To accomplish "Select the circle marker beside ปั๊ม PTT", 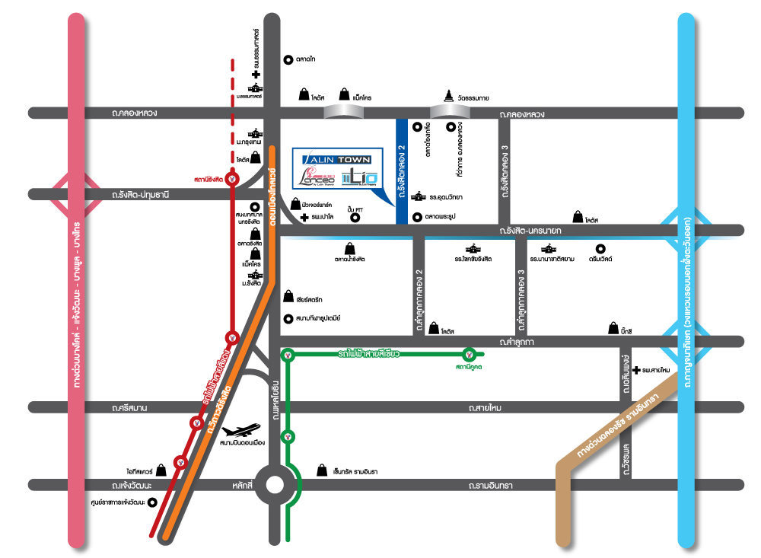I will (x=355, y=218).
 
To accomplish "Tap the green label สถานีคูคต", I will (x=470, y=368).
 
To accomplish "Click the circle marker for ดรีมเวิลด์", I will (x=600, y=248).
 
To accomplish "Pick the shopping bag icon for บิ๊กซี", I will (x=613, y=329).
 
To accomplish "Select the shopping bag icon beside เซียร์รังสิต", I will (x=288, y=296).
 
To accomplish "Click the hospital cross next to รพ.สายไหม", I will (x=635, y=369).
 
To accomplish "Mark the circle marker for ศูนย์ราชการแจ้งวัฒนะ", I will (x=152, y=502).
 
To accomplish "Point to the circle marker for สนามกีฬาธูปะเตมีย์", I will (x=288, y=318).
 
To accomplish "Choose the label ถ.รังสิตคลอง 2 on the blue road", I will (x=401, y=174).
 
